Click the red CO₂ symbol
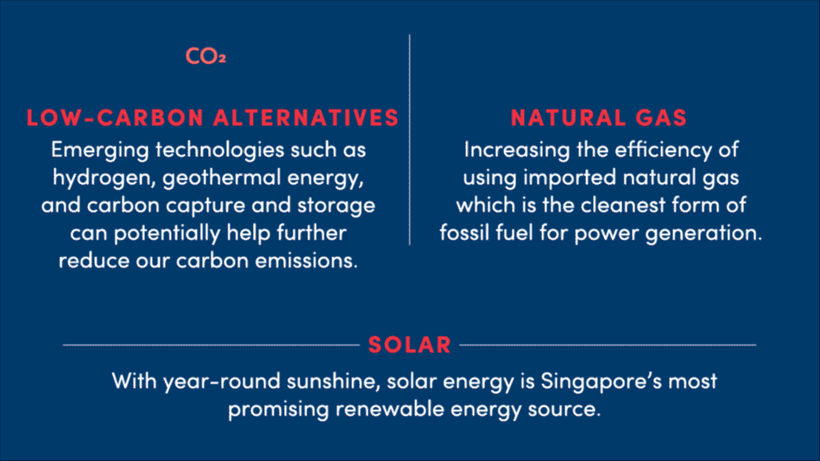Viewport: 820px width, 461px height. click(x=205, y=56)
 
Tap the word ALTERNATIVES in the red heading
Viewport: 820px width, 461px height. click(x=306, y=117)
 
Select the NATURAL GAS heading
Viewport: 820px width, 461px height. click(x=599, y=117)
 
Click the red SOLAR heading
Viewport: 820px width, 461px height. click(x=409, y=344)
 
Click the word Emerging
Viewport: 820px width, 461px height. click(x=100, y=151)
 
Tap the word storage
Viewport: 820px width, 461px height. click(x=337, y=206)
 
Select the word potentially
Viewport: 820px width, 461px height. click(x=167, y=234)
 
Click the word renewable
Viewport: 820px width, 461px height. click(x=389, y=409)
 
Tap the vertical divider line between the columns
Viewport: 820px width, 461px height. click(x=409, y=140)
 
